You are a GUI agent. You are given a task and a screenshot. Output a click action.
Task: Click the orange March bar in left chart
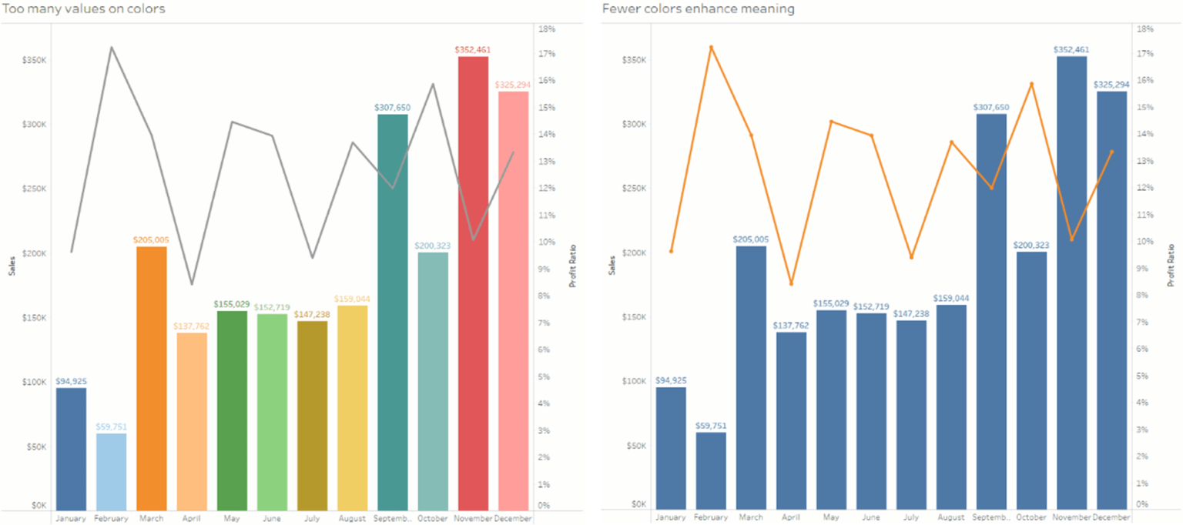click(151, 377)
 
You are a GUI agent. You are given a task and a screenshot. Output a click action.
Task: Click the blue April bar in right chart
click(791, 420)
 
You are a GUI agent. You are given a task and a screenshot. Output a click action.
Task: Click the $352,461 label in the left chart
click(473, 49)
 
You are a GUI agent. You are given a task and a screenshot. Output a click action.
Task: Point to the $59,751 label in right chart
click(711, 425)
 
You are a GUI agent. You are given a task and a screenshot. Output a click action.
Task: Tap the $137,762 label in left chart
click(191, 326)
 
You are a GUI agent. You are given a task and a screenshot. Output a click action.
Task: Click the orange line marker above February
click(711, 47)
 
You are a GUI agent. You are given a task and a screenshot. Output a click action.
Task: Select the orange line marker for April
click(791, 283)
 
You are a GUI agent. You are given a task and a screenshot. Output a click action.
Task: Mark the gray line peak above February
click(111, 48)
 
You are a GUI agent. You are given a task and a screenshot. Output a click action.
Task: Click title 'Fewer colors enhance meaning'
click(698, 9)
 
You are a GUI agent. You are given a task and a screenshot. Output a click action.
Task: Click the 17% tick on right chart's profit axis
click(1145, 54)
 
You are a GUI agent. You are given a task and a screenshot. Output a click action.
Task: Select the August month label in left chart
click(352, 518)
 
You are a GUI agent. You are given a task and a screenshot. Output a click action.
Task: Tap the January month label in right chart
click(671, 517)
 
